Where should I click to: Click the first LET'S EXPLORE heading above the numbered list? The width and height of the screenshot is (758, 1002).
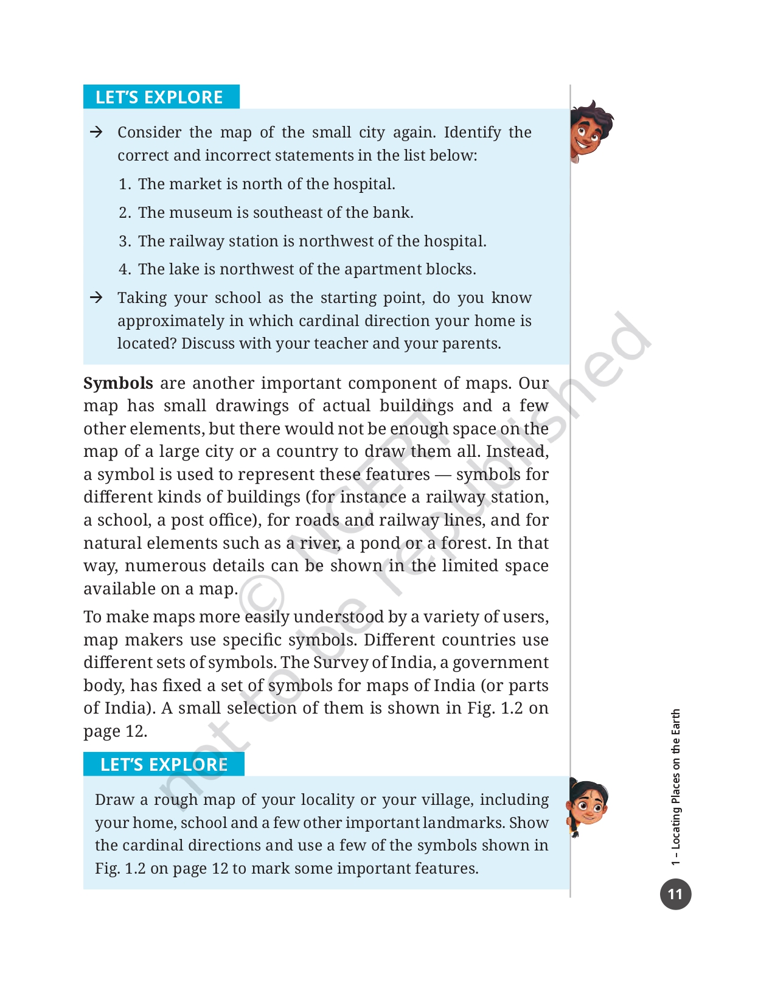pyautogui.click(x=159, y=97)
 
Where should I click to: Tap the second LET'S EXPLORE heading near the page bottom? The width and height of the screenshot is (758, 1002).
pyautogui.click(x=164, y=765)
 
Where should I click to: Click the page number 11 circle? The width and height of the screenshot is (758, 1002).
pyautogui.click(x=675, y=894)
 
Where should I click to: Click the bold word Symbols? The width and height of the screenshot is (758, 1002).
pyautogui.click(x=118, y=383)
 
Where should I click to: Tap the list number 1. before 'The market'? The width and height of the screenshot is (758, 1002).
pyautogui.click(x=124, y=184)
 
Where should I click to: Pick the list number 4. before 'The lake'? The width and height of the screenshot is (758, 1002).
pyautogui.click(x=124, y=270)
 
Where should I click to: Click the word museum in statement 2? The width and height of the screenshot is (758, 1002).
pyautogui.click(x=201, y=213)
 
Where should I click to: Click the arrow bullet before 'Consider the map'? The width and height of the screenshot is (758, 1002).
pyautogui.click(x=96, y=132)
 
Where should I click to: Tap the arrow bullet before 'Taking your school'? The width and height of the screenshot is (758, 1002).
pyautogui.click(x=96, y=297)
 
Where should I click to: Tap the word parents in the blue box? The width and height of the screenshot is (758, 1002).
pyautogui.click(x=471, y=344)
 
